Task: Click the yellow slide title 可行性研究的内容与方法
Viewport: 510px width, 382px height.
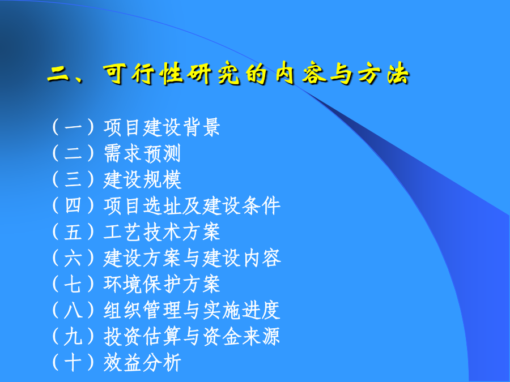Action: coord(257,74)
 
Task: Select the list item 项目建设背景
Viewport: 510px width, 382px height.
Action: coord(162,127)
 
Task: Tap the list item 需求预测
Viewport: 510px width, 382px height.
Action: coord(142,153)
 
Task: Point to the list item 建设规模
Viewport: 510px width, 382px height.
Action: coord(142,179)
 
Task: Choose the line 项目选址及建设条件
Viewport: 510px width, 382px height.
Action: coord(192,206)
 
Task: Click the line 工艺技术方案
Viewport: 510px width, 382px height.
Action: coord(162,232)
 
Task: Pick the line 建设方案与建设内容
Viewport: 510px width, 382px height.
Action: coord(192,258)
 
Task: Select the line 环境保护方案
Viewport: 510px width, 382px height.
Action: coord(162,284)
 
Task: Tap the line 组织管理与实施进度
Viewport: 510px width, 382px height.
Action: coord(192,311)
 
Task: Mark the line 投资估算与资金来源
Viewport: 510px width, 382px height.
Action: coord(192,337)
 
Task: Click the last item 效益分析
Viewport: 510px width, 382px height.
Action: coord(142,363)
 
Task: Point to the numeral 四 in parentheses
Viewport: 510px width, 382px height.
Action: coord(73,206)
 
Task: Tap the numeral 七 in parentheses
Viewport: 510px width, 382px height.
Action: coord(73,284)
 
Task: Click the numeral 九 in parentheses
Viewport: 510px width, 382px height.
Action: coord(73,337)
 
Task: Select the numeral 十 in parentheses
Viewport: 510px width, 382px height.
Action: coord(73,363)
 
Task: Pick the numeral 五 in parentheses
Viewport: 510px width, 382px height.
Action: coord(73,232)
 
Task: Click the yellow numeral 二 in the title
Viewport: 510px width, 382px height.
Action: coord(58,75)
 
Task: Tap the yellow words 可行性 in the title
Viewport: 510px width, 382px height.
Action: coord(143,74)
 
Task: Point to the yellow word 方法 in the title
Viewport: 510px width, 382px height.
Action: coord(384,74)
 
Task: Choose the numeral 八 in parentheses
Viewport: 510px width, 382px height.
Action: coord(73,311)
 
